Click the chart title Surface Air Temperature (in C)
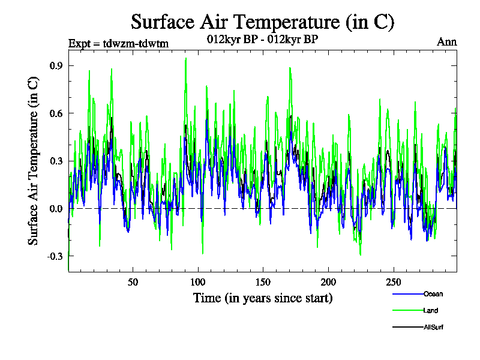(x=263, y=22)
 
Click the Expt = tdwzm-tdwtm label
(x=119, y=43)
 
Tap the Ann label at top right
(x=446, y=42)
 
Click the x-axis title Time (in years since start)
(x=263, y=298)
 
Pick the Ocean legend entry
(x=432, y=294)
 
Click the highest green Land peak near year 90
(x=186, y=58)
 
